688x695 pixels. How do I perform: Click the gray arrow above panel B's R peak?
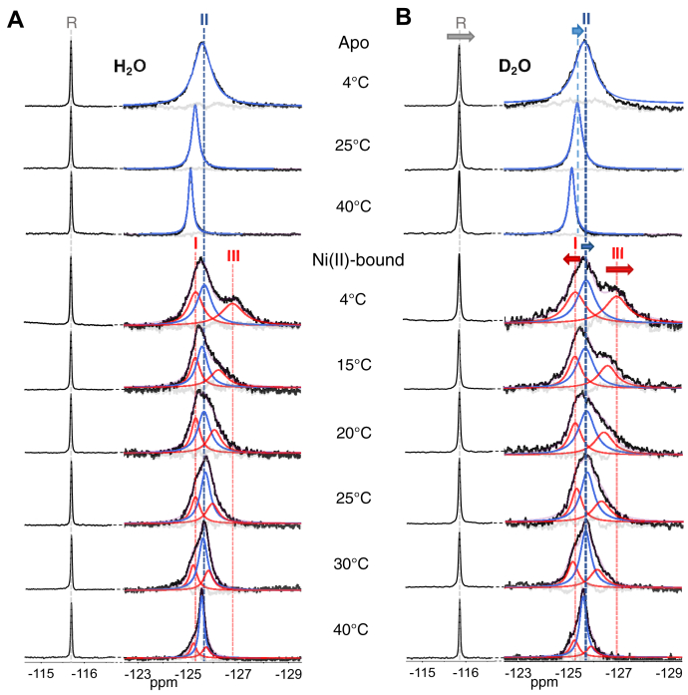click(461, 36)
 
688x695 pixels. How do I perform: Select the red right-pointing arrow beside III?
click(620, 268)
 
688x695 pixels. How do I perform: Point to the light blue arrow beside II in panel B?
click(577, 32)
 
